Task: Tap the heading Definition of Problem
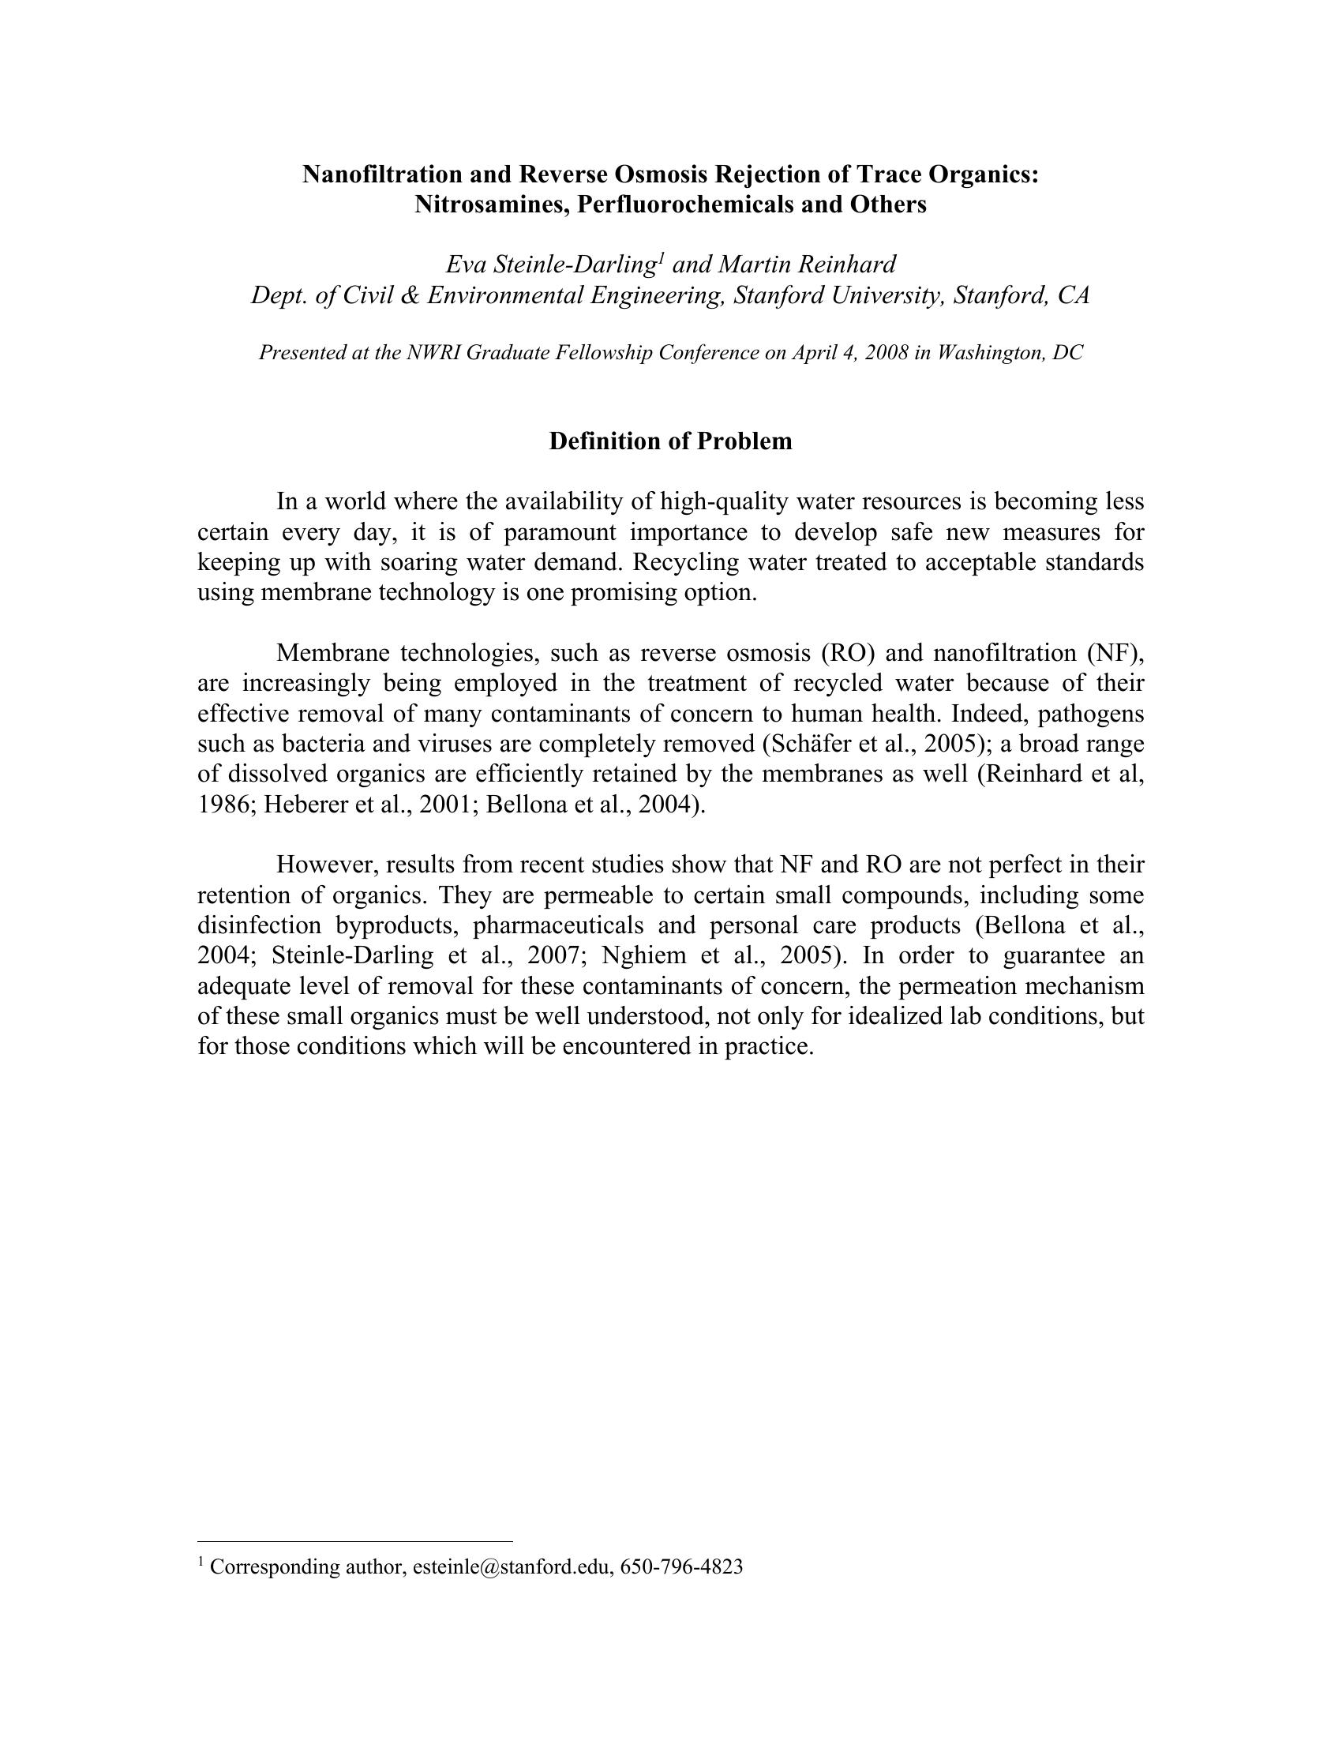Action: [670, 441]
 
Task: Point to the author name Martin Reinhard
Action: [807, 264]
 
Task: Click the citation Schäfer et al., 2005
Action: [854, 744]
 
